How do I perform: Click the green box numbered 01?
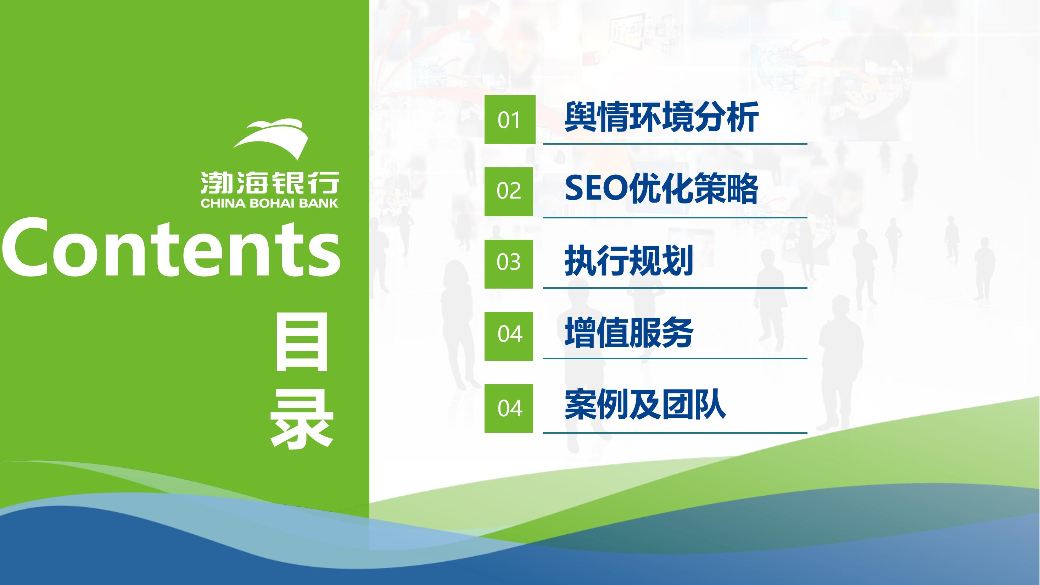[509, 119]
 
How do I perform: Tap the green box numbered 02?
[509, 192]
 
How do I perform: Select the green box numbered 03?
[509, 264]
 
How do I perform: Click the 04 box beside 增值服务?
[509, 336]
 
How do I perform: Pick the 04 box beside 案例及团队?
[509, 408]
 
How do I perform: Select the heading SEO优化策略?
[661, 189]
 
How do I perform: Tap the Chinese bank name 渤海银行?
[270, 183]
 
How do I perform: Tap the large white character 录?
[302, 418]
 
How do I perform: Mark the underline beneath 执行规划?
[675, 288]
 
